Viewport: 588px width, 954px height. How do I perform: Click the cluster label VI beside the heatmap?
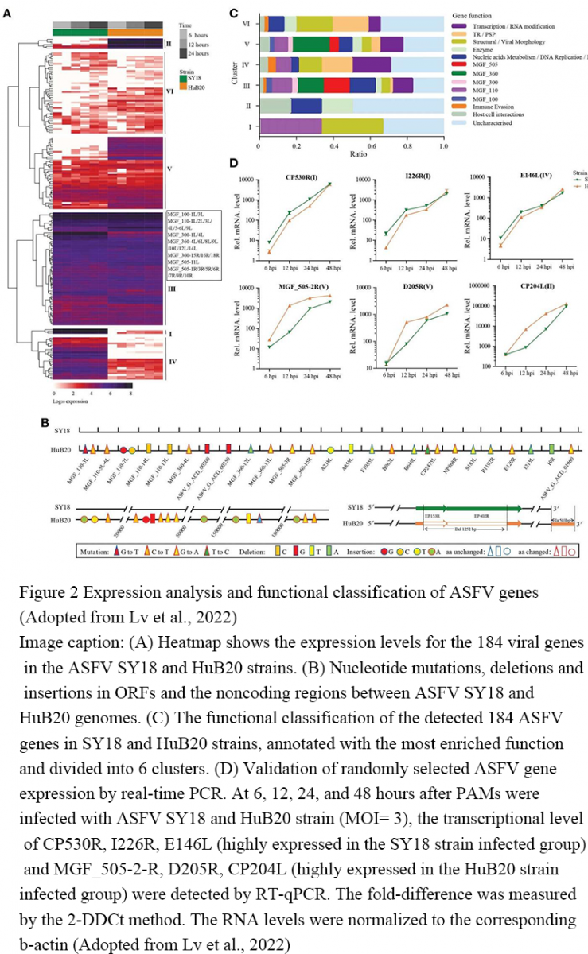[x=169, y=91]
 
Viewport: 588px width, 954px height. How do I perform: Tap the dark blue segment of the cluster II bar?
[x=306, y=106]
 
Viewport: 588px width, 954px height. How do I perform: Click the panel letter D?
[x=233, y=163]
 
